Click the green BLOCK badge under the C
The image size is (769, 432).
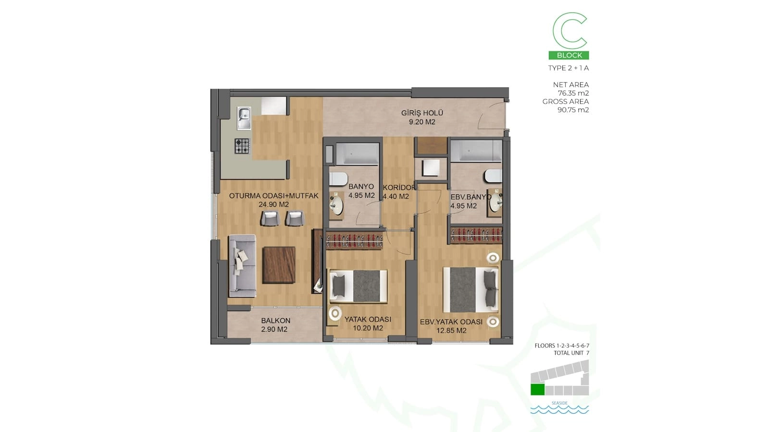click(569, 55)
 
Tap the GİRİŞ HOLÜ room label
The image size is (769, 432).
click(422, 113)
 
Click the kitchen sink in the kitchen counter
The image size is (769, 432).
click(244, 118)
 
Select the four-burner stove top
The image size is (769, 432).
click(242, 146)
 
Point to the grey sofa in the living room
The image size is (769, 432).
click(242, 265)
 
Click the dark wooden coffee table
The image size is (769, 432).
click(279, 265)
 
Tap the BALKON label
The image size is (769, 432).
click(276, 321)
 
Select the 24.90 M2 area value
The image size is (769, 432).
click(273, 204)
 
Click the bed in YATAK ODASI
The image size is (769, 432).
click(358, 286)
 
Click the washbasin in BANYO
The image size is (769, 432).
click(336, 205)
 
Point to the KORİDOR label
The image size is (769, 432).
click(399, 188)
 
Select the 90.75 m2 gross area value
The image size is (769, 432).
click(573, 110)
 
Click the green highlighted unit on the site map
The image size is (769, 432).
click(537, 389)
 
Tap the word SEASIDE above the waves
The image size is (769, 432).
click(559, 403)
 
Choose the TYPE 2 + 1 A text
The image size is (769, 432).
click(568, 68)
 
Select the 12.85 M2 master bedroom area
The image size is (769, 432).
click(451, 331)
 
